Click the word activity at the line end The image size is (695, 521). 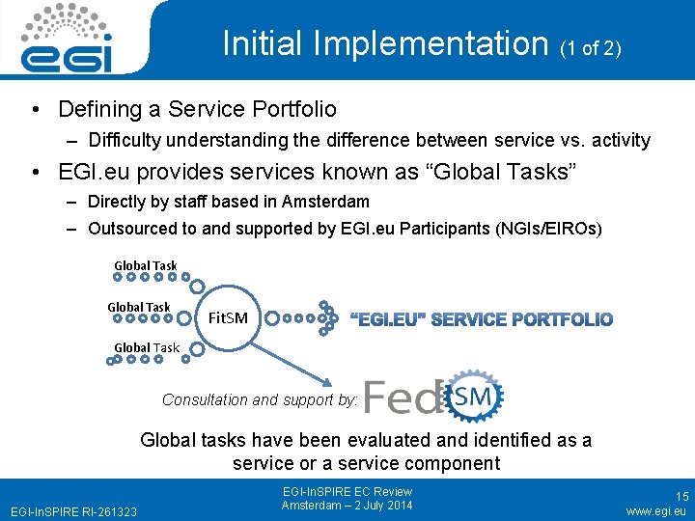(x=616, y=141)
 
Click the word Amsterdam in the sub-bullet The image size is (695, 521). (x=324, y=202)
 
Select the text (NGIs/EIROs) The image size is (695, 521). (x=536, y=229)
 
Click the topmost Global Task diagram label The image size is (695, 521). (x=146, y=265)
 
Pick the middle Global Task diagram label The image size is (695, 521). (x=138, y=307)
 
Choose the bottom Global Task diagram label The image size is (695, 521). (x=147, y=347)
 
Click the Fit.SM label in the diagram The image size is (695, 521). (x=228, y=317)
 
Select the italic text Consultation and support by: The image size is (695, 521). (x=260, y=399)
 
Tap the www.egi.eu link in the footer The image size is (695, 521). (x=655, y=510)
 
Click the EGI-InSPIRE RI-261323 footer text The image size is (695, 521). (x=73, y=510)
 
